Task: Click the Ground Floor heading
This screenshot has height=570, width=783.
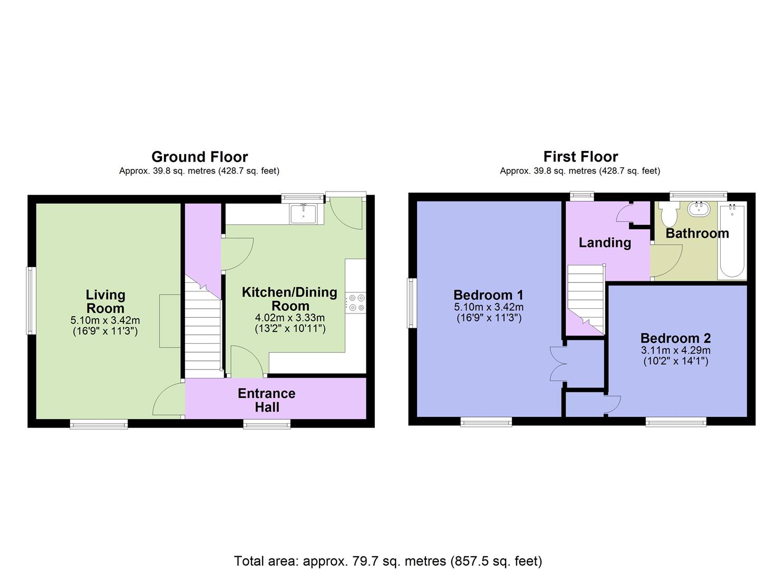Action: tap(199, 157)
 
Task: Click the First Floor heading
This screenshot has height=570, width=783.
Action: tap(581, 157)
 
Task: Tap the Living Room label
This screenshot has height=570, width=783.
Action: tap(105, 301)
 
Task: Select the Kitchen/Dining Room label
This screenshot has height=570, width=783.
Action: tap(289, 299)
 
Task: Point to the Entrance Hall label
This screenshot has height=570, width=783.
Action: tap(266, 400)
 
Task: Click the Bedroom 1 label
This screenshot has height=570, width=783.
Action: tap(488, 295)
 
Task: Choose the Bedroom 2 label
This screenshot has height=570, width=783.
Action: tap(675, 338)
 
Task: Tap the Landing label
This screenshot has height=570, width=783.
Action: tap(605, 242)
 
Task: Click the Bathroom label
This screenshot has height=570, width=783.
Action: tap(697, 233)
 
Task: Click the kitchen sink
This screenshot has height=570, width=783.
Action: tap(303, 214)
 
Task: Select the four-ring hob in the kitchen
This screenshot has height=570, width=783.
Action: tap(356, 303)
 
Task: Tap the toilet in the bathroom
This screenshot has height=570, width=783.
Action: tap(669, 214)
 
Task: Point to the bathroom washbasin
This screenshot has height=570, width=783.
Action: tap(699, 208)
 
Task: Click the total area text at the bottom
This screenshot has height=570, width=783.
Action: tap(388, 560)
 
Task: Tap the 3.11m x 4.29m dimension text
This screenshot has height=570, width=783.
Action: tap(675, 350)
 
